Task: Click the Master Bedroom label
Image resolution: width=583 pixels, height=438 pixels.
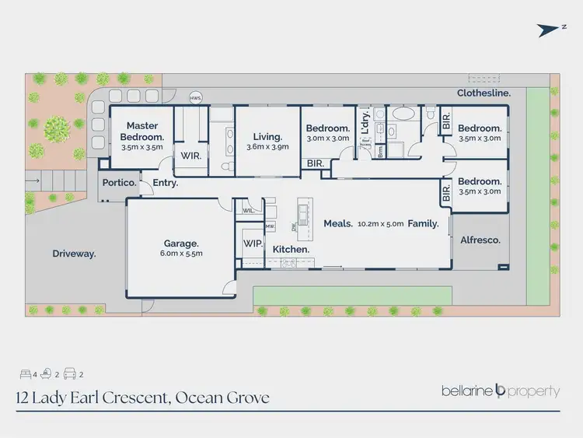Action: tap(141, 131)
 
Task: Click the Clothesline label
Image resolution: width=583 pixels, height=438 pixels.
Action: tap(484, 93)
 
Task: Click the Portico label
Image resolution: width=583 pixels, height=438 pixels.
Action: tap(119, 183)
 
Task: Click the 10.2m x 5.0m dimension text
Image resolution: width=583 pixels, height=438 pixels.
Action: tap(380, 224)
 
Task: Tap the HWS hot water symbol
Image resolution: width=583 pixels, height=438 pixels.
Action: tap(196, 98)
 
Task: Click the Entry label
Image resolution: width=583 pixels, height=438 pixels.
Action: tap(166, 184)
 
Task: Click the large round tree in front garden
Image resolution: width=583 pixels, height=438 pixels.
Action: tap(57, 126)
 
